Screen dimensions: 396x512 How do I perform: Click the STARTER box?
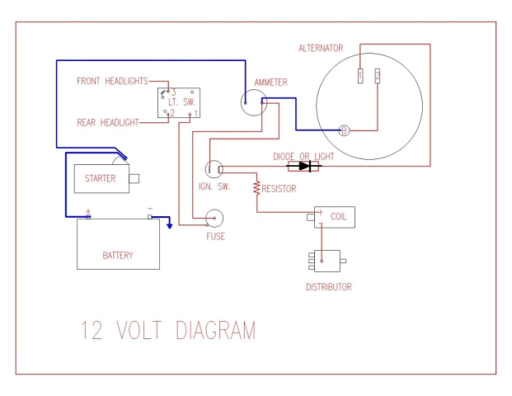101,178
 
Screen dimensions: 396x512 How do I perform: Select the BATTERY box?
118,244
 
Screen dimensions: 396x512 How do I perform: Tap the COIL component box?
335,217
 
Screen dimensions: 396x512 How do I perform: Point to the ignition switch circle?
214,168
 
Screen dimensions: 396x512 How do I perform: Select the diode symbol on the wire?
308,166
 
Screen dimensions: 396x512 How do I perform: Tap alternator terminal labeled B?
345,130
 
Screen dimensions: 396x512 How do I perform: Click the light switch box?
179,101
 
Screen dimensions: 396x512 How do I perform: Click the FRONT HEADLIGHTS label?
112,81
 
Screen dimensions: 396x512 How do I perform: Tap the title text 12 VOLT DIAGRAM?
167,331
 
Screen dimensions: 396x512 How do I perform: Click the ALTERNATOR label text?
321,49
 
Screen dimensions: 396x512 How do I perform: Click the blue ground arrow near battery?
170,221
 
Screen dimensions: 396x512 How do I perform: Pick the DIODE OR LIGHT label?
308,154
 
